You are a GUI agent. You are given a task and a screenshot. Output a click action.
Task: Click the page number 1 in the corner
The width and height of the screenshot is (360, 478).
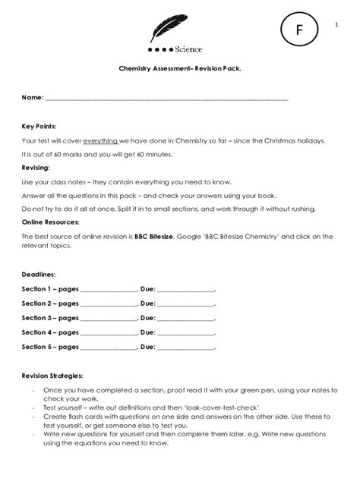click(336, 25)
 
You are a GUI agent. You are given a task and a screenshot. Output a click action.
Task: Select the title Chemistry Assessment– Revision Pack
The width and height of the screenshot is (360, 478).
click(179, 68)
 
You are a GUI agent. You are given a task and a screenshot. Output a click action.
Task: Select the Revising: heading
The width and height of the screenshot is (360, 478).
click(36, 168)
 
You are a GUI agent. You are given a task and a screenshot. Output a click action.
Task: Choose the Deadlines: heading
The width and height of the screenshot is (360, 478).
click(37, 273)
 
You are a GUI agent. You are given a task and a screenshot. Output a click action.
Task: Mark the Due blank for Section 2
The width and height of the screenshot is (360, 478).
click(186, 303)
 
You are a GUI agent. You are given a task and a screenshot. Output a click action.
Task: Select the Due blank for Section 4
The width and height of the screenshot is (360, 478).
click(186, 332)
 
